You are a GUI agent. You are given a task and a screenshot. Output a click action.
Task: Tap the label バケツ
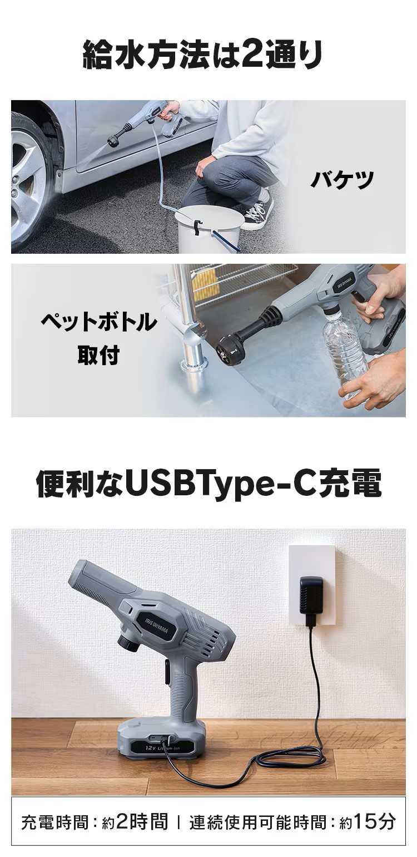tap(341, 180)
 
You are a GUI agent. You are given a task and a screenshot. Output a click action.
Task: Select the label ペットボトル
tap(98, 323)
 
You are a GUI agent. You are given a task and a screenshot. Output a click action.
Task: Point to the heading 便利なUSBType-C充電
tap(209, 484)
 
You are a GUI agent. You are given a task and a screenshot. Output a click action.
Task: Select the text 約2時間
tap(135, 821)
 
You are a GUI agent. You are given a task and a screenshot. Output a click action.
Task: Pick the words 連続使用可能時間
tap(257, 822)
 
